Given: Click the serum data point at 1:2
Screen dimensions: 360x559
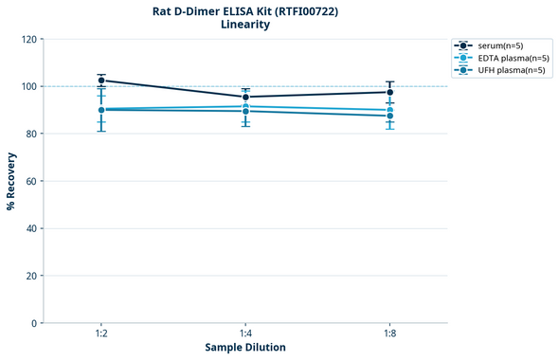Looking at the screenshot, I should click(x=101, y=81).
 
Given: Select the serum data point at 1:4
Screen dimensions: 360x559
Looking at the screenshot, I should click(x=245, y=97).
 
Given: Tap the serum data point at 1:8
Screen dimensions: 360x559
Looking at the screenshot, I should click(x=389, y=92).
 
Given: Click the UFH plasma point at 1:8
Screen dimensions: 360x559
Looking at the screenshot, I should click(x=389, y=116).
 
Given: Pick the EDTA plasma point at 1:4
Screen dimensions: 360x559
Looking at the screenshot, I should click(x=245, y=106).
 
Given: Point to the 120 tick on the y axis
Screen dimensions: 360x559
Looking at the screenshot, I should click(x=28, y=40).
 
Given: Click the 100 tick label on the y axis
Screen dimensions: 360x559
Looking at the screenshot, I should click(x=28, y=87).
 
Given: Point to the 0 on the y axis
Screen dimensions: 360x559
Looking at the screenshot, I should click(x=34, y=324).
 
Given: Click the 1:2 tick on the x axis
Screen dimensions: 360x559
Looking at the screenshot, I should click(x=101, y=334).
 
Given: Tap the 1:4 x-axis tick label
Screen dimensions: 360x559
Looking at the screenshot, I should click(x=245, y=334).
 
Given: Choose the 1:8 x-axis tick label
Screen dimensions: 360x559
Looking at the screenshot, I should click(x=389, y=334).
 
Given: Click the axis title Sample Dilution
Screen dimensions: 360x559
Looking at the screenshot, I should click(x=245, y=348).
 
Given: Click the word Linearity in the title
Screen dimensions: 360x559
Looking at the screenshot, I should click(x=245, y=25).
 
